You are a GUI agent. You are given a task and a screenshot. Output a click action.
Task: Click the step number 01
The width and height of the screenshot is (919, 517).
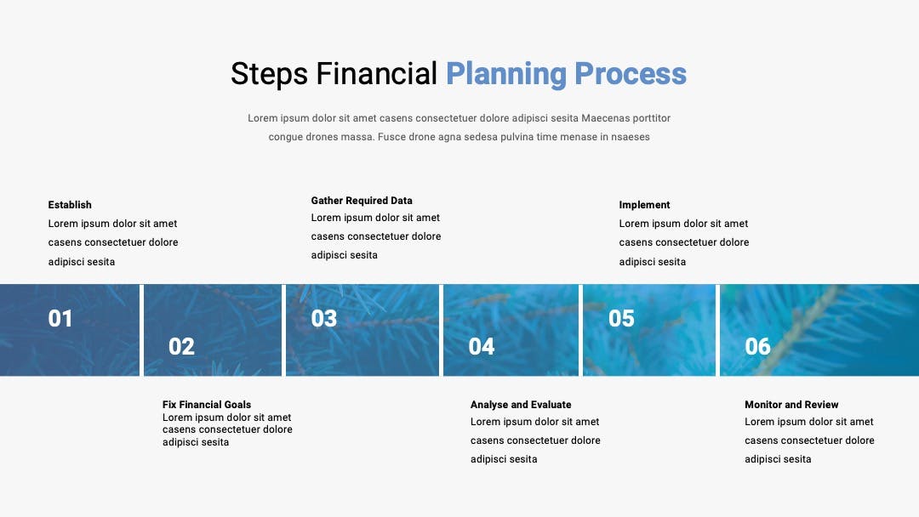[x=60, y=319]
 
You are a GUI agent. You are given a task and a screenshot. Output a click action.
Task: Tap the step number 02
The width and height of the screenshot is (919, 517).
[x=181, y=347]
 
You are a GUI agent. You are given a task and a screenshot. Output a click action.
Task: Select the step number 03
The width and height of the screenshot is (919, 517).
[x=324, y=319]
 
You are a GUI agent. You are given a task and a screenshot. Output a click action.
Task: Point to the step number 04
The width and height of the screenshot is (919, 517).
[x=481, y=347]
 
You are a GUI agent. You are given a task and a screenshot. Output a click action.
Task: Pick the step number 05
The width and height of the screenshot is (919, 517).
[x=621, y=319]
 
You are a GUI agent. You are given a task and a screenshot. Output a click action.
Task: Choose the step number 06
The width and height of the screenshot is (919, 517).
[x=757, y=347]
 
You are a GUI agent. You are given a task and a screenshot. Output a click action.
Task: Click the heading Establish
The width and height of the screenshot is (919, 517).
[x=70, y=205]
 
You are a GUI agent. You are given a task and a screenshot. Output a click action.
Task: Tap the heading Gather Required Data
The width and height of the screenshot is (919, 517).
[x=362, y=201]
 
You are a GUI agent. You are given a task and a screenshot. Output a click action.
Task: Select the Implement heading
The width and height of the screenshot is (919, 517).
[x=644, y=205]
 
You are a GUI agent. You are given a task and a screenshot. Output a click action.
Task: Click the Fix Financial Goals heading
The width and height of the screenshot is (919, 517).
[x=206, y=405]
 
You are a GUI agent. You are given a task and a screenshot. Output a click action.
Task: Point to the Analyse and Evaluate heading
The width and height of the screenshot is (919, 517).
[x=521, y=405]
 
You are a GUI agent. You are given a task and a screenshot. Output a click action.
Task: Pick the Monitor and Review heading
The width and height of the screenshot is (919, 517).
[x=791, y=405]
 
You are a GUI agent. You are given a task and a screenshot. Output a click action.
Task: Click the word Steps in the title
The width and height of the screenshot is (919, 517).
[x=269, y=74]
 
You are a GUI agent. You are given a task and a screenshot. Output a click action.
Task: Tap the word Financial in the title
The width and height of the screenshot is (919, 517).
[x=377, y=74]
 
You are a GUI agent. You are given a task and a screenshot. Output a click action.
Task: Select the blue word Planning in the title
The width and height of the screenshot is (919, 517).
[x=506, y=74]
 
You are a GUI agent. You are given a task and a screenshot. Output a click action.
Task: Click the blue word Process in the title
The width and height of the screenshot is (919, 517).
[x=631, y=74]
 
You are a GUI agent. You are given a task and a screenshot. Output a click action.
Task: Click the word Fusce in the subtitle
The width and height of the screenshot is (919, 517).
[x=391, y=137]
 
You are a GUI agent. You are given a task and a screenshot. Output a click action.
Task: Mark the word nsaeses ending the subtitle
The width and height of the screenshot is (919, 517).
[x=631, y=138]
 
